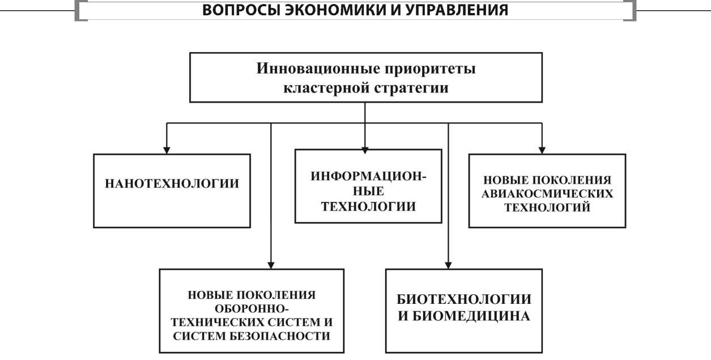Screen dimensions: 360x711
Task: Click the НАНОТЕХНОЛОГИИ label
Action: [x=172, y=184]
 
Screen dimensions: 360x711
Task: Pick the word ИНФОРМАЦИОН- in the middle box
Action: [x=368, y=176]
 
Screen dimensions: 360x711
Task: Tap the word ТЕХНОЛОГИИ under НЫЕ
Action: [x=369, y=206]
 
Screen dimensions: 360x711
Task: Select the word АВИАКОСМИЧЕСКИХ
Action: [x=547, y=193]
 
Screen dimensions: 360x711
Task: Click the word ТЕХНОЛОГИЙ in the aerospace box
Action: [x=547, y=207]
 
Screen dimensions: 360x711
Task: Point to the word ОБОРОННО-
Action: [x=252, y=309]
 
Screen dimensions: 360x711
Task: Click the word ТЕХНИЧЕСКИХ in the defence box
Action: [x=221, y=322]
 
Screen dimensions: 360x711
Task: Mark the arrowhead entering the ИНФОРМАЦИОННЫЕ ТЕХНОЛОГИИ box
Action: [x=365, y=145]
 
